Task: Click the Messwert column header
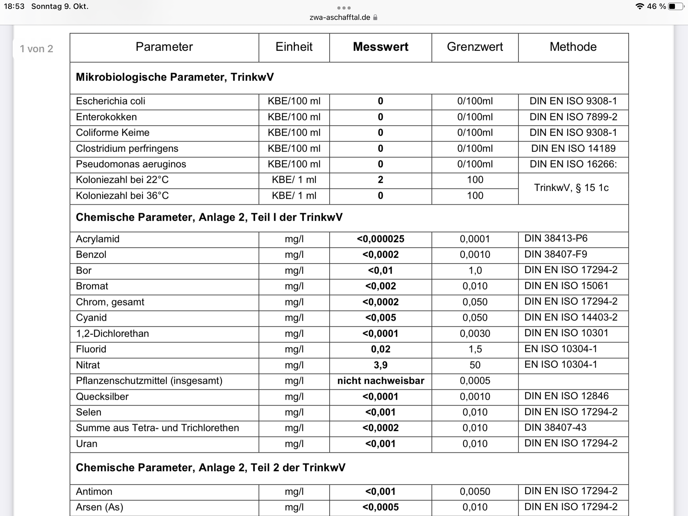(380, 47)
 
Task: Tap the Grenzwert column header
(475, 47)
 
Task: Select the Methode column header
(573, 47)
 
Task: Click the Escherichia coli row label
(111, 101)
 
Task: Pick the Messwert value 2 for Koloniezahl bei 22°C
(380, 180)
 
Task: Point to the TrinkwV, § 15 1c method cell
(571, 188)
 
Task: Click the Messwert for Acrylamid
(380, 239)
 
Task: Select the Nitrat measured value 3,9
(380, 365)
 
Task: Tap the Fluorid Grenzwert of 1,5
(475, 349)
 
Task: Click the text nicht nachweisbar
(381, 381)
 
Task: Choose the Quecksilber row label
(102, 397)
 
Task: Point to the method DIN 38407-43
(555, 427)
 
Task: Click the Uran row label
(87, 444)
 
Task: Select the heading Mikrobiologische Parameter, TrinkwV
(175, 77)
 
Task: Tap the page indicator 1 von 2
(36, 49)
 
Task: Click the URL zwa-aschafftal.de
(340, 18)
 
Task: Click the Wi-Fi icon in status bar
(639, 6)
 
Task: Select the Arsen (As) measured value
(380, 507)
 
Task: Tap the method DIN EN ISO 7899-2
(573, 117)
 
